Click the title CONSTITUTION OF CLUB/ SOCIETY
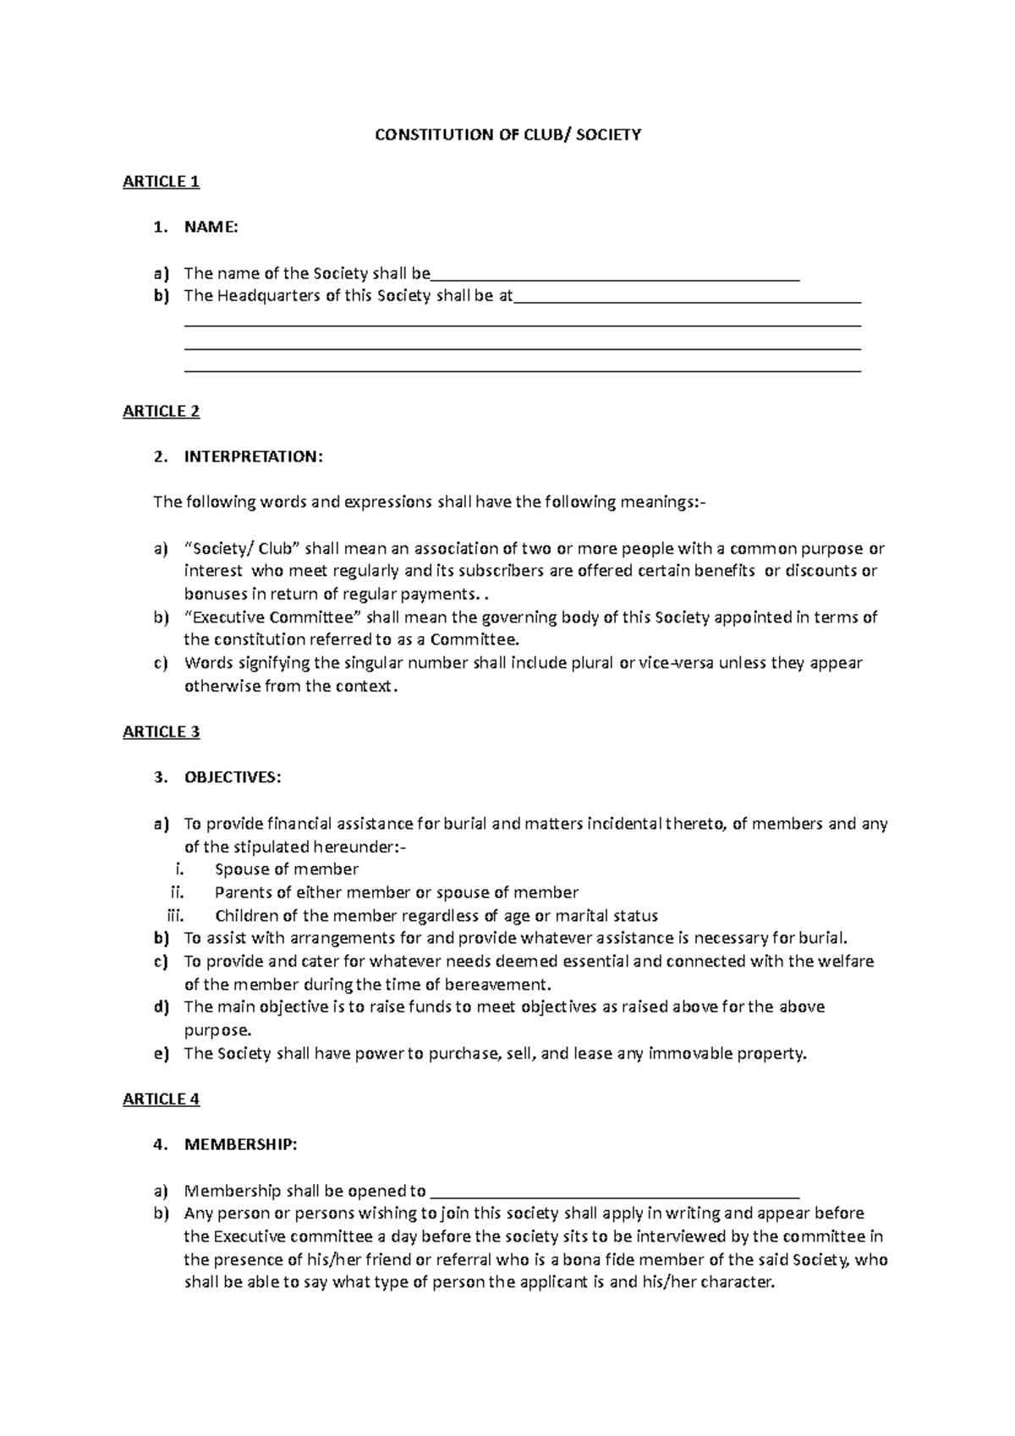point(508,134)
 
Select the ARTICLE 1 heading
point(161,181)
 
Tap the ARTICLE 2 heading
point(161,411)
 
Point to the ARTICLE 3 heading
point(161,732)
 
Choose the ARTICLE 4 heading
point(161,1099)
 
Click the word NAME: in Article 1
point(211,227)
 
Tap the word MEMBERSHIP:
point(240,1144)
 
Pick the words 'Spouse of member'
point(287,869)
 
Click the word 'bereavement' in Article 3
point(501,984)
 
